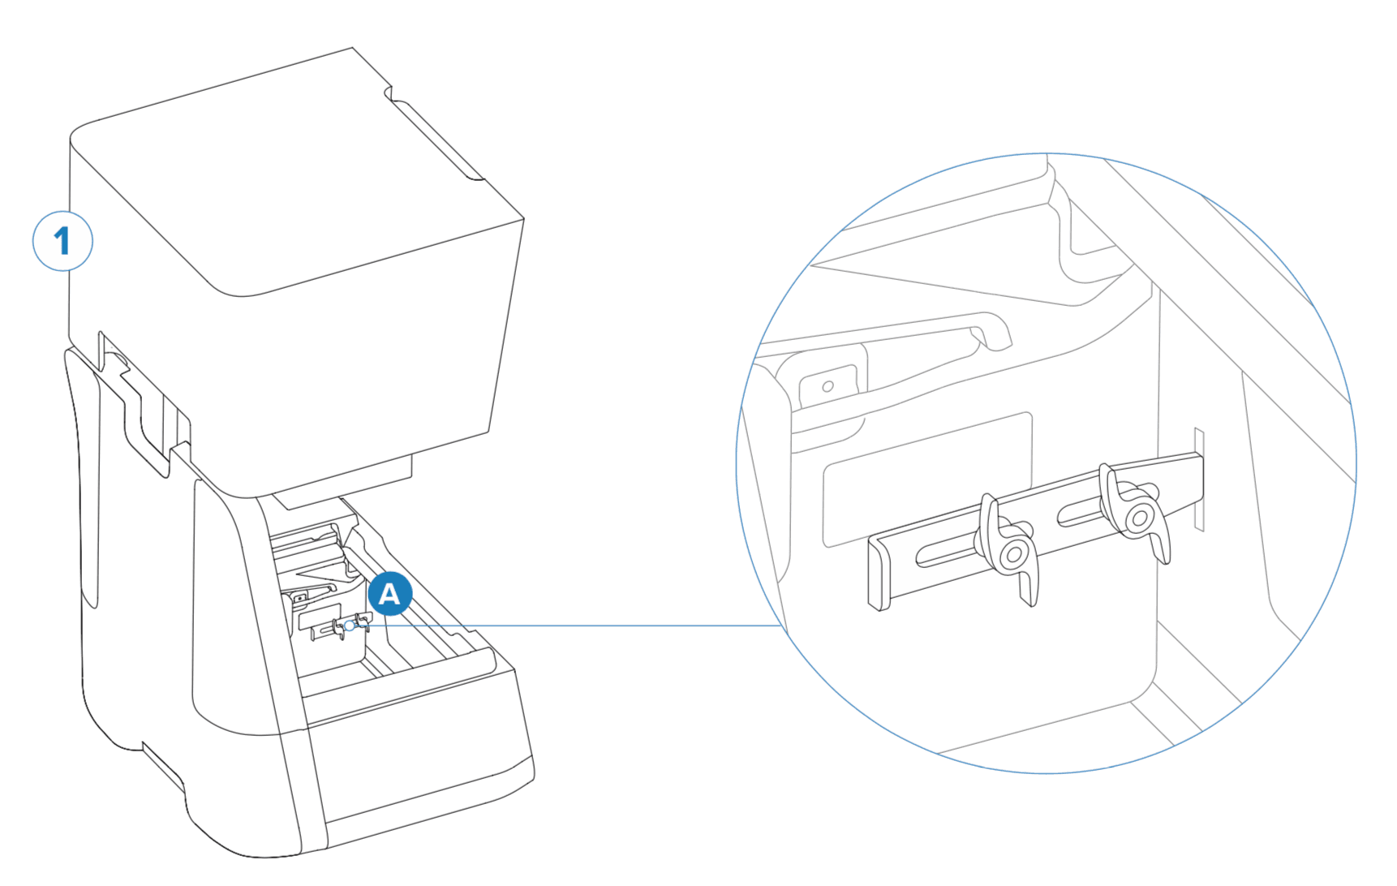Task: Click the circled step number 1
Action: pos(62,241)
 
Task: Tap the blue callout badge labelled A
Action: pos(389,594)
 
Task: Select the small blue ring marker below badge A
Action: pos(350,626)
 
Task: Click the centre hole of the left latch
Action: pos(1013,555)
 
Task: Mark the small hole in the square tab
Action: pos(827,386)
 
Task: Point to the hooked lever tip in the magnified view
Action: pos(994,331)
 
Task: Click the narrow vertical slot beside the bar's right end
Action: pos(1199,480)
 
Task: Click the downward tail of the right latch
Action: pos(1161,542)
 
